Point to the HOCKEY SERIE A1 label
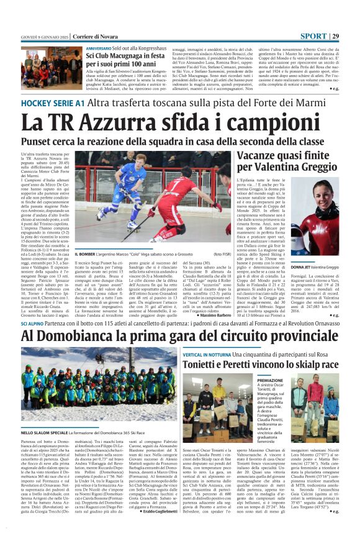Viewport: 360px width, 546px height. (x=53, y=102)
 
